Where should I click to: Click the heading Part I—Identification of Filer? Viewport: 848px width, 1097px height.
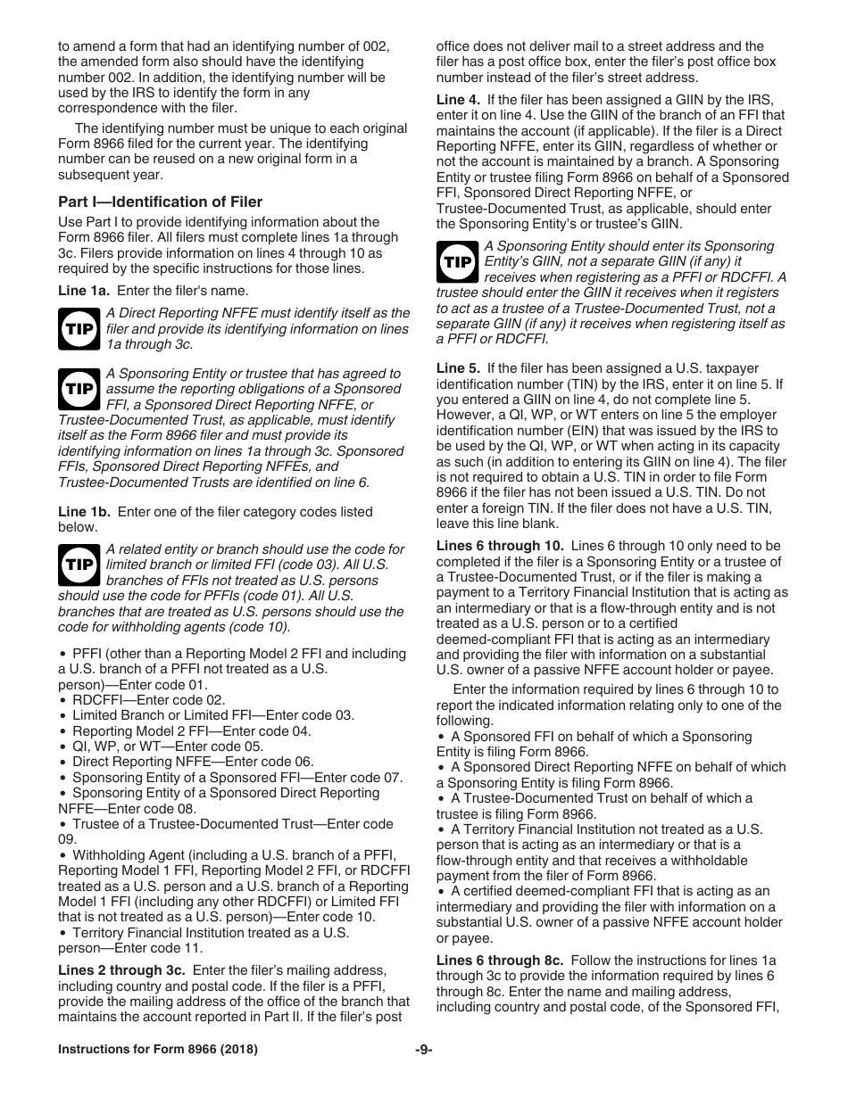[x=161, y=202]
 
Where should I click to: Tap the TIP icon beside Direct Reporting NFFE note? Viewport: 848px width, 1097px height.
[x=79, y=329]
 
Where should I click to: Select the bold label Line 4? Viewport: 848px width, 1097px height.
[x=458, y=99]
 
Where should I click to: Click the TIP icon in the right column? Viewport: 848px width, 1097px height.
[x=457, y=262]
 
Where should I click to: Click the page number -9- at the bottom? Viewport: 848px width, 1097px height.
[x=424, y=1050]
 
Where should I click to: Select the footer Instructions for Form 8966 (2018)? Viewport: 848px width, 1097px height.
[x=158, y=1050]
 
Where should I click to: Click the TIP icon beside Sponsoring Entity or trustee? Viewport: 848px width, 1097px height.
[x=79, y=390]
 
